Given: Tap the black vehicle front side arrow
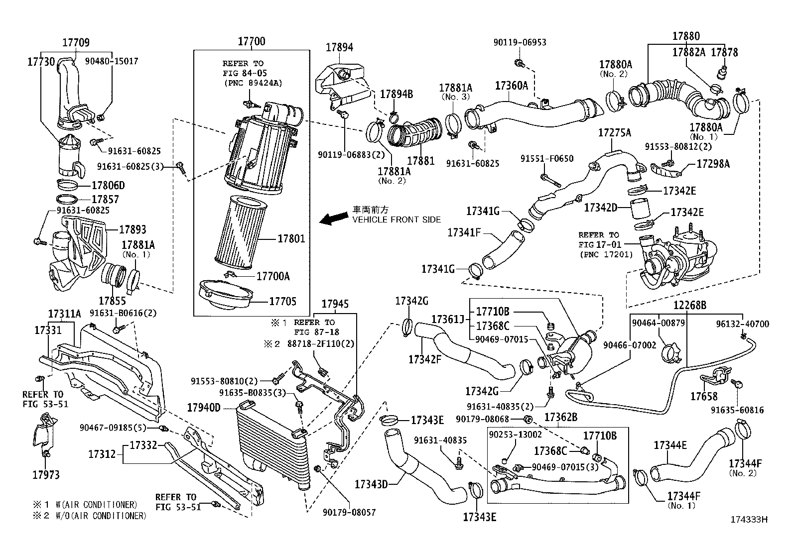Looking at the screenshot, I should point(334,218).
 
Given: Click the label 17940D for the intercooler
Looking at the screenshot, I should point(203,408).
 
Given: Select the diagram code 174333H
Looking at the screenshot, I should point(749,519).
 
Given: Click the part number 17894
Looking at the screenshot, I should point(339,47).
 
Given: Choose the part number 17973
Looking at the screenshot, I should point(46,475).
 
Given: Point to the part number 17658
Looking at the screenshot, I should point(703,396).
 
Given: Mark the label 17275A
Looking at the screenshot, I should point(615,132).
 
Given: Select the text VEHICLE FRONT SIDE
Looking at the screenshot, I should point(396,219).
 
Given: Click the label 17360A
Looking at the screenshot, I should point(511,86).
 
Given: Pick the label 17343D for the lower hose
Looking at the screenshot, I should point(371,483).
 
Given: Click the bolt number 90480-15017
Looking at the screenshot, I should point(112,61).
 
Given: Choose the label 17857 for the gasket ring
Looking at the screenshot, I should point(106,199).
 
